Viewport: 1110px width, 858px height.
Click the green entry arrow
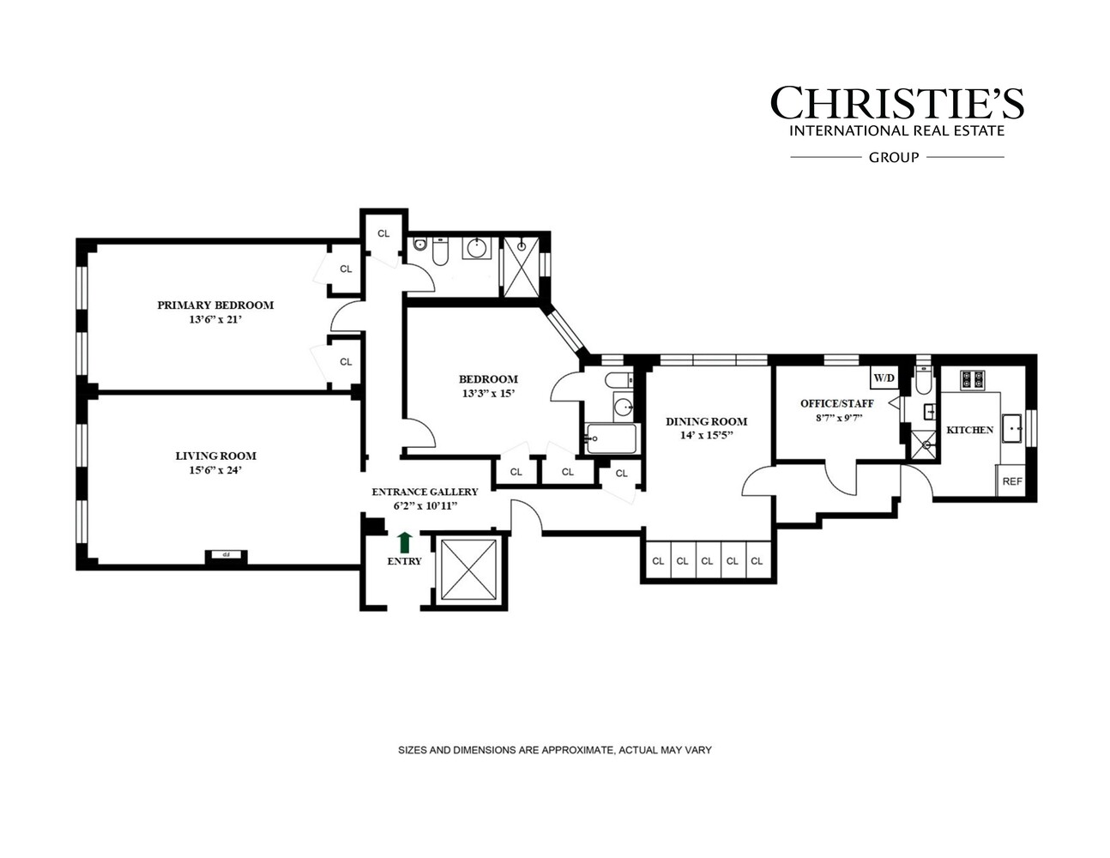click(x=405, y=542)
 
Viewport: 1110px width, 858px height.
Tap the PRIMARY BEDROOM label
click(x=215, y=305)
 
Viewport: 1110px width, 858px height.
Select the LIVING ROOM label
click(x=215, y=456)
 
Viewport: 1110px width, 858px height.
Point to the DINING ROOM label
click(x=706, y=421)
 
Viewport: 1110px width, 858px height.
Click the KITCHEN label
click(x=969, y=430)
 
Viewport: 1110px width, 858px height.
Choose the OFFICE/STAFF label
click(x=836, y=403)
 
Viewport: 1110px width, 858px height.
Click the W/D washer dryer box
click(x=883, y=378)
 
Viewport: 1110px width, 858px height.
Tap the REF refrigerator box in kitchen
click(x=1012, y=481)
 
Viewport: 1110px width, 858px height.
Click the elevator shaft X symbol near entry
click(x=468, y=570)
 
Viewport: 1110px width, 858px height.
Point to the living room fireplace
click(x=226, y=555)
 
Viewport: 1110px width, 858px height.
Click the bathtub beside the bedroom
click(x=611, y=439)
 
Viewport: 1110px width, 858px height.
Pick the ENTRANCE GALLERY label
click(x=425, y=492)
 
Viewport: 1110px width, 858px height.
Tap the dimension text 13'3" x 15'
click(x=488, y=394)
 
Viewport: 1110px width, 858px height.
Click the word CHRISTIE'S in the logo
click(x=896, y=103)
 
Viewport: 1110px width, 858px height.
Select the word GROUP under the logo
click(x=894, y=157)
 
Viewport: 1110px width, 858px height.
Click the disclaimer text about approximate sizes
click(x=554, y=750)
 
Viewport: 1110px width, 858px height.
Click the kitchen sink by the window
click(x=1013, y=426)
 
